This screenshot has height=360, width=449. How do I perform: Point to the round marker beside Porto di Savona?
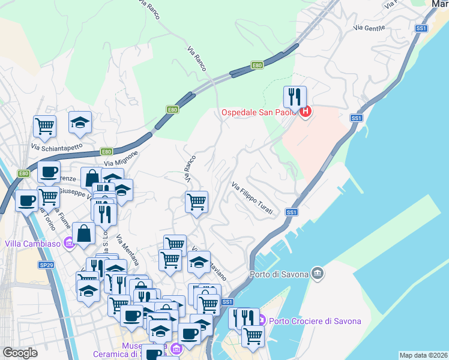point(318,274)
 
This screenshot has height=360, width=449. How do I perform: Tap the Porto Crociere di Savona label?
point(315,321)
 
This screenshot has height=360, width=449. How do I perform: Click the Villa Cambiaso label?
point(34,243)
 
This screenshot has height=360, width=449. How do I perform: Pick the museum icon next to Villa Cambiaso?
point(70,243)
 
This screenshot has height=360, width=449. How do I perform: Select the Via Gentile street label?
point(369,28)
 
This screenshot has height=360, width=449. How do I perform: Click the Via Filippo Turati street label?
point(252,198)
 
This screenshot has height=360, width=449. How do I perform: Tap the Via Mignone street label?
point(121,158)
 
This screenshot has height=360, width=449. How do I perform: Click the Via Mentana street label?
point(128,250)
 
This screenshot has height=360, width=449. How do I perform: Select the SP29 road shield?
point(46,265)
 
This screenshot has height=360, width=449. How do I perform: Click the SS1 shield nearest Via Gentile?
point(421,28)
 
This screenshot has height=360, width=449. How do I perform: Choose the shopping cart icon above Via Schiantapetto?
point(45,126)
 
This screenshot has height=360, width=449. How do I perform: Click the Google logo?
point(20,353)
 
